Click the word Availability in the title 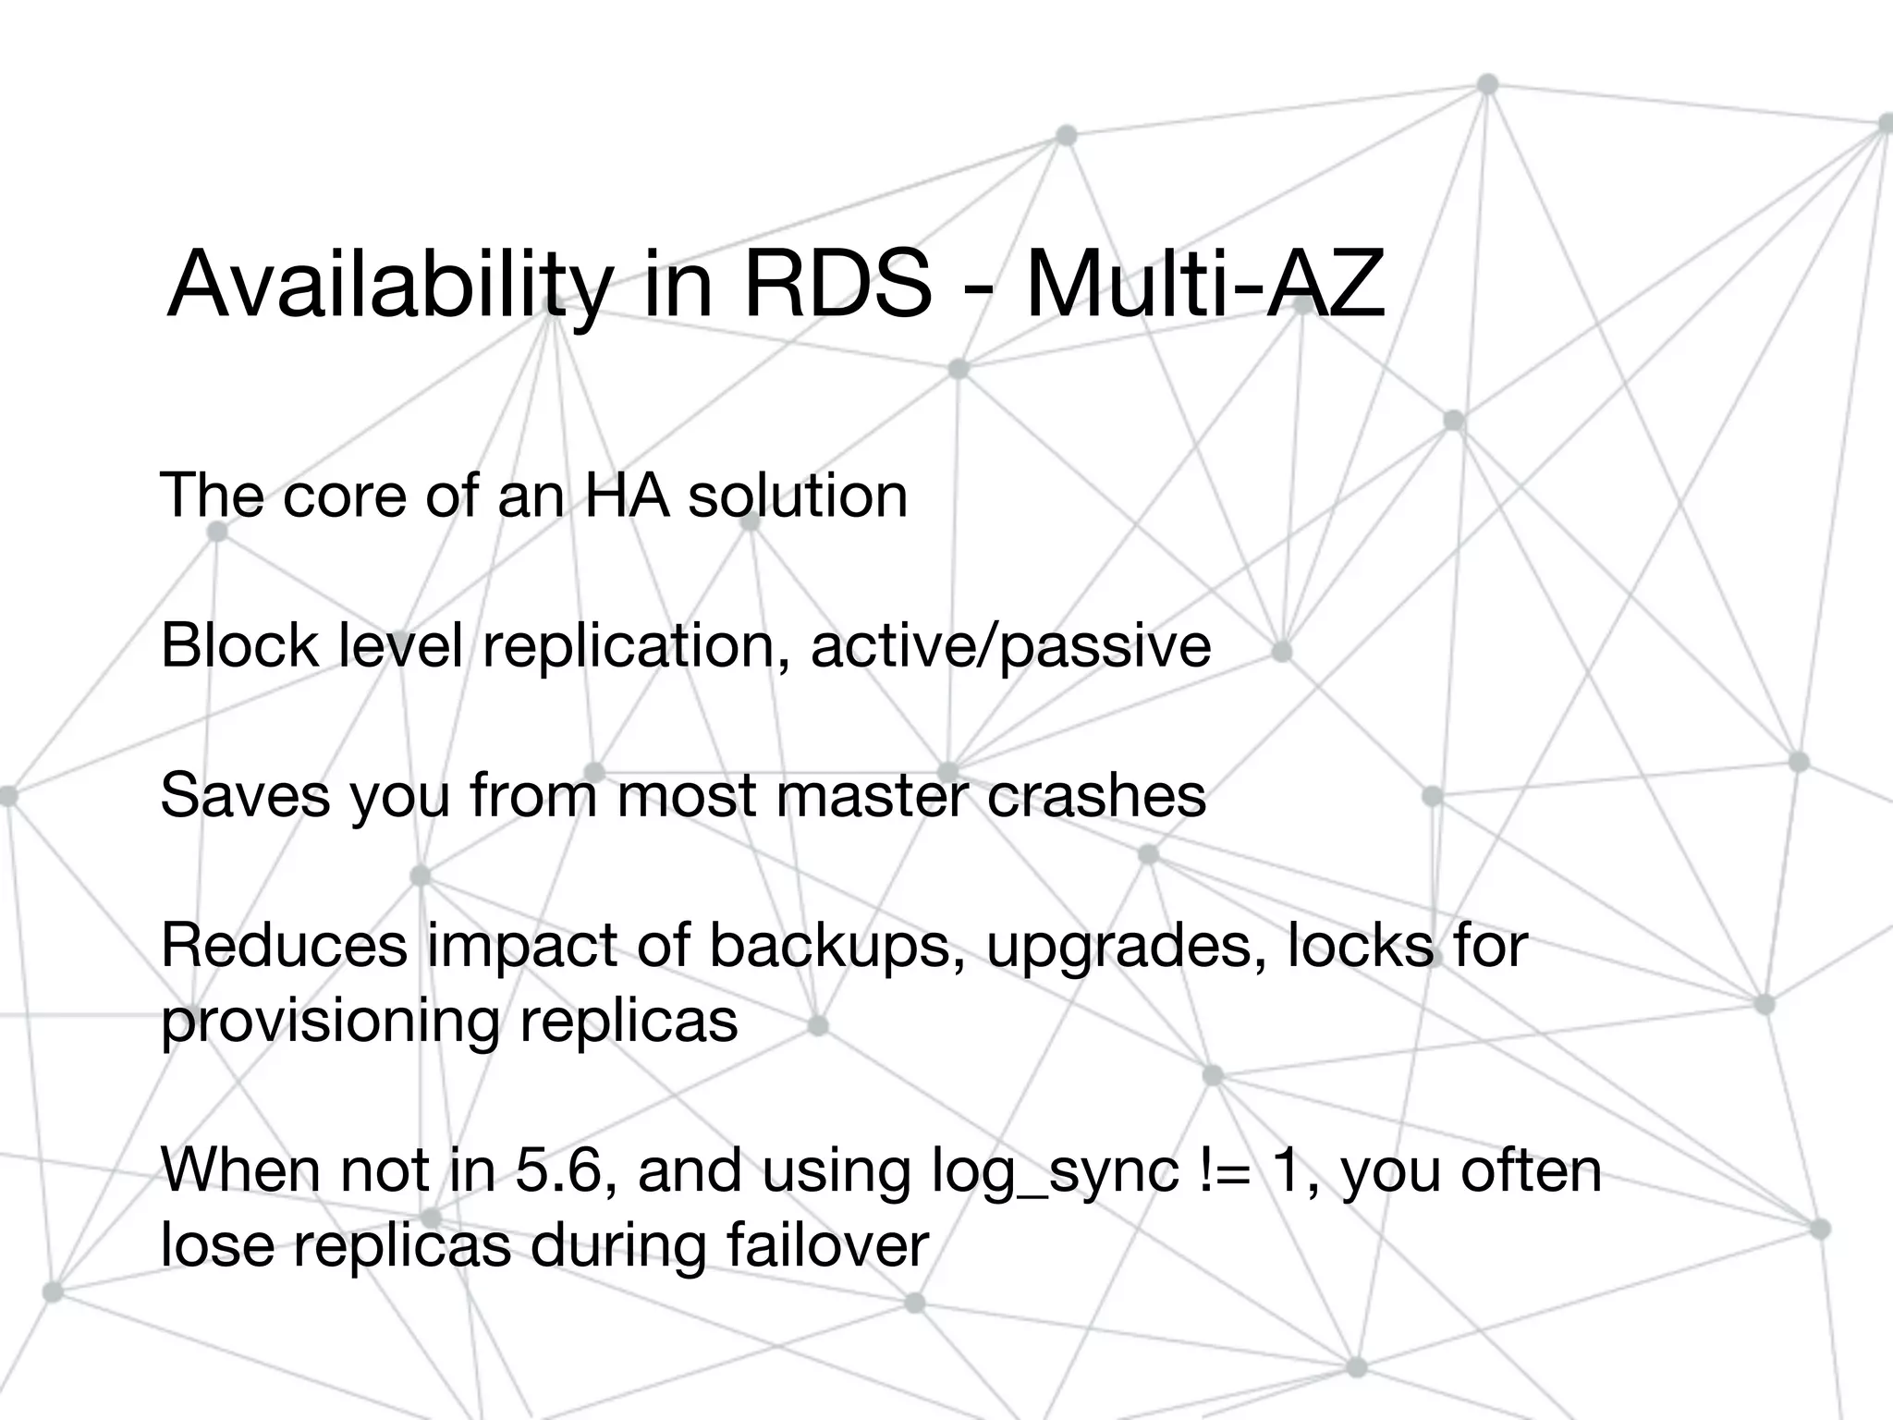tap(388, 285)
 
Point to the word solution tap(798, 495)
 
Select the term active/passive tap(1010, 646)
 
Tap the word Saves tap(244, 794)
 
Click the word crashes tap(1096, 794)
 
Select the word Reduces tap(284, 945)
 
